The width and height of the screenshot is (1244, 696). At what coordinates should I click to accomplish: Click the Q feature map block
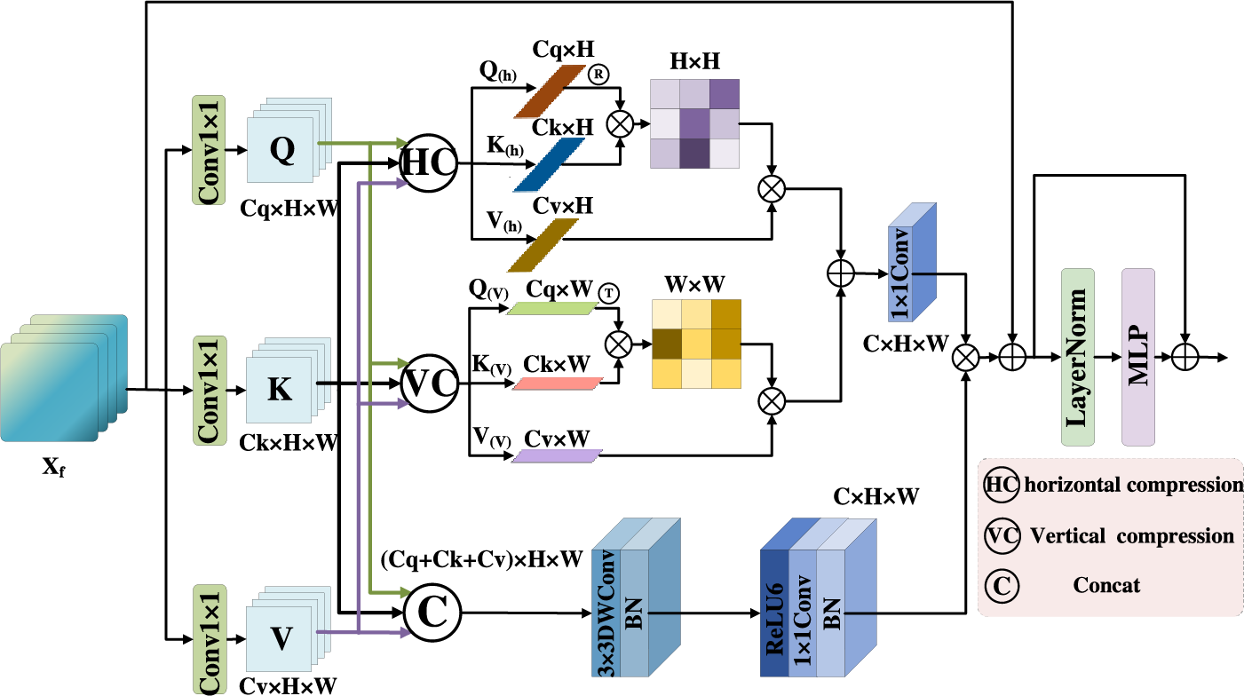point(289,140)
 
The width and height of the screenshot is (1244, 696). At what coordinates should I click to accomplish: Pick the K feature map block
point(289,380)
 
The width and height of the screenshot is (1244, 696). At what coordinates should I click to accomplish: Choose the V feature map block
point(289,629)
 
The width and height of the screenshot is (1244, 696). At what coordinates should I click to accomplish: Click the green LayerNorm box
point(1077,358)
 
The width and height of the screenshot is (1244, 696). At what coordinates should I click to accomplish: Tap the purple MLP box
point(1138,358)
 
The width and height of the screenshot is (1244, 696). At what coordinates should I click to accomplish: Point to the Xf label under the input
point(53,467)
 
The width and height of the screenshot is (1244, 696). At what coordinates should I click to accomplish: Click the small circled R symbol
point(598,75)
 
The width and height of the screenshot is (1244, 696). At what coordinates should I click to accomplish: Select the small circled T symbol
point(609,293)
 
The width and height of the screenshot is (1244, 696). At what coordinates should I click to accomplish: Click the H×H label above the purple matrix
point(694,61)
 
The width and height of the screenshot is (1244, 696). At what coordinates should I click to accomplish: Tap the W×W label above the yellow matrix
point(694,284)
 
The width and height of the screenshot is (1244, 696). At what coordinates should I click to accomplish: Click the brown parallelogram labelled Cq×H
point(550,91)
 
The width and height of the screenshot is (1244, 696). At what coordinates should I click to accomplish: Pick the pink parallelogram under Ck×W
point(557,384)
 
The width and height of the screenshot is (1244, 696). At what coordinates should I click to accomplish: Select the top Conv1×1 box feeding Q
point(209,150)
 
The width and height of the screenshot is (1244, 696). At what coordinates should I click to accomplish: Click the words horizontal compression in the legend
point(1134,485)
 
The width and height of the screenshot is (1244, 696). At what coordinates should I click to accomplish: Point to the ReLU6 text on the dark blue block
point(774,619)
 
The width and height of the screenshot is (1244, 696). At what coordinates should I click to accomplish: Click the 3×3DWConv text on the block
point(606,613)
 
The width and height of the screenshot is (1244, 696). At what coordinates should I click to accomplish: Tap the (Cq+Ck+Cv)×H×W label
point(482,559)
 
